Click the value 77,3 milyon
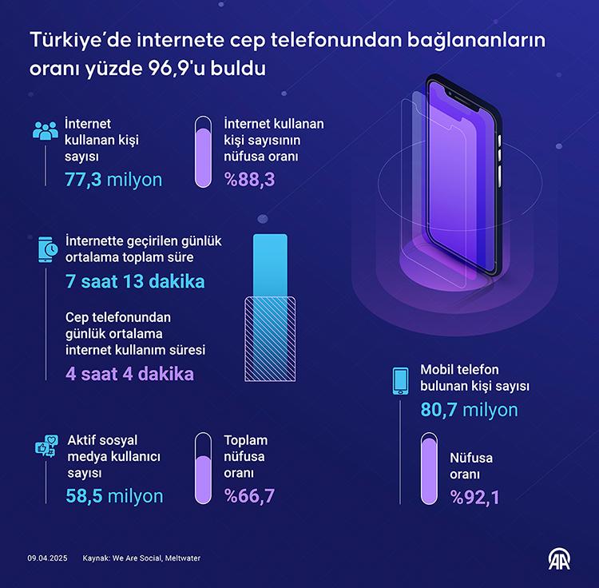coord(113,179)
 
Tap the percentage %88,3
coord(249,179)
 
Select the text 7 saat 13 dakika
coord(135,281)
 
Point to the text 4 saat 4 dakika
coord(129,373)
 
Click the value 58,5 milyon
coord(114,496)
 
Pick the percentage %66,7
coord(249,496)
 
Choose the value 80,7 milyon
coord(469,410)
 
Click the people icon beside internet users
coord(46,131)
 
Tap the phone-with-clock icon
coord(47,250)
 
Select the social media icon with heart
coord(46,450)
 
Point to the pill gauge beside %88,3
coord(204,152)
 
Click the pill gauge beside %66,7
coord(204,470)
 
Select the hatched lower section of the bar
coord(269,335)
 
